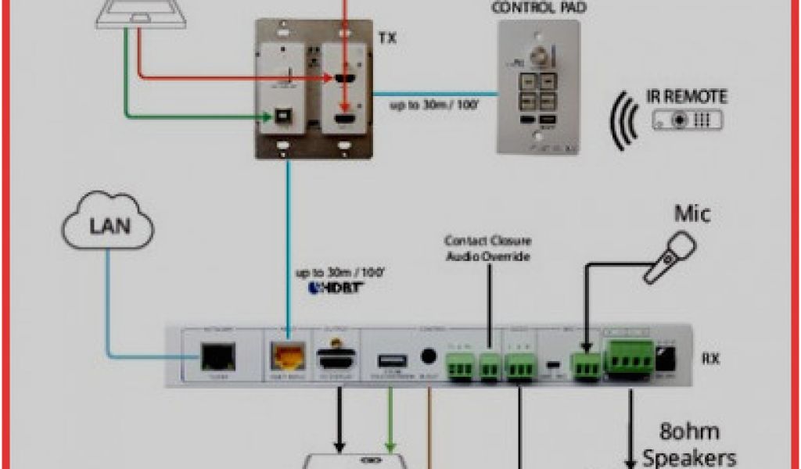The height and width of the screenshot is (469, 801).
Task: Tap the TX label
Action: [x=386, y=38]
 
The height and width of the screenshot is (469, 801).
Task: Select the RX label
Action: [x=710, y=359]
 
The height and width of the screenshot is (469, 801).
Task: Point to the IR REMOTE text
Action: [x=686, y=98]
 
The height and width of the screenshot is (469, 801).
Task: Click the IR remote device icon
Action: [x=688, y=120]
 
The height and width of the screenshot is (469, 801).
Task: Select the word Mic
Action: [x=692, y=213]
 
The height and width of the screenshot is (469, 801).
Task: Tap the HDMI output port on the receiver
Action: [x=336, y=359]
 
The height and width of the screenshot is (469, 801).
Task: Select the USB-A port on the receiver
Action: [x=389, y=360]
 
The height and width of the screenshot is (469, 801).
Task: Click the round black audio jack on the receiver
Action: [x=427, y=357]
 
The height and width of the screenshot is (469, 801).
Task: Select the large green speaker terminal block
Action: [x=630, y=356]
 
